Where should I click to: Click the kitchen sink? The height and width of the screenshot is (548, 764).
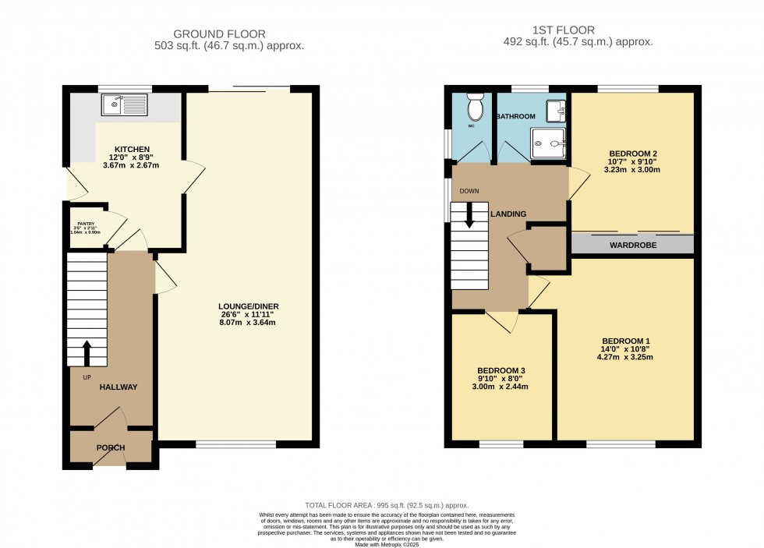point(125,104)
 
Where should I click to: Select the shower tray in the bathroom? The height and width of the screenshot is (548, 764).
point(550,143)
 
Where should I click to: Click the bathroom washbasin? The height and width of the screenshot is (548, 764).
point(556,111)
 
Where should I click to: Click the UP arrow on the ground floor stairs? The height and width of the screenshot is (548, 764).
point(86,352)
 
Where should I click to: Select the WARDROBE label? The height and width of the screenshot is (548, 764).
point(632,245)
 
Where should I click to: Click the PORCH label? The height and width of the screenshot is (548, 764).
point(111,448)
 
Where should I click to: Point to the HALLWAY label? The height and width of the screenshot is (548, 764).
point(118,387)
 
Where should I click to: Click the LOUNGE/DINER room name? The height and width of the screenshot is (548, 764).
point(249,306)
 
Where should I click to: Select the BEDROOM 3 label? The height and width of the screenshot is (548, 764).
point(499,369)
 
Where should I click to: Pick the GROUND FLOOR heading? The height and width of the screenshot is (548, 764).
point(219,34)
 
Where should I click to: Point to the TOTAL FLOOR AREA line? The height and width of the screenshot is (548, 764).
point(382,506)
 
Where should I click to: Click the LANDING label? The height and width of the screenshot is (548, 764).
point(508,214)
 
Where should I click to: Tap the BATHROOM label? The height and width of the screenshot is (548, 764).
point(516,116)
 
